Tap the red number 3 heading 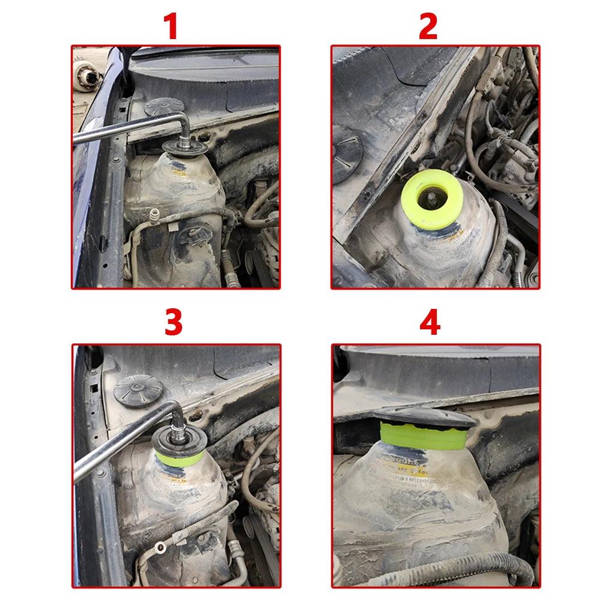pos(173,323)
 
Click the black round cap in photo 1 pos(164,106)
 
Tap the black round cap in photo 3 pos(137,391)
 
